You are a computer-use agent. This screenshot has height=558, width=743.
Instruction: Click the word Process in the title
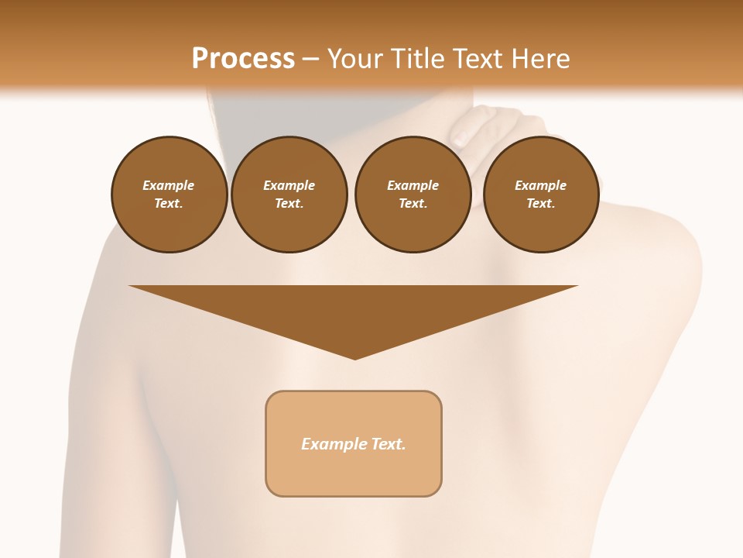click(243, 59)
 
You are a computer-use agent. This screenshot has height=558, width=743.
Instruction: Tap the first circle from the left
click(169, 195)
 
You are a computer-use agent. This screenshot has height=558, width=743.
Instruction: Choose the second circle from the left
click(289, 195)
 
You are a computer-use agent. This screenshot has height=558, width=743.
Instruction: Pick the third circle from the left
click(413, 195)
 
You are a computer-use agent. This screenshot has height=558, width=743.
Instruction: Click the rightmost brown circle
click(540, 195)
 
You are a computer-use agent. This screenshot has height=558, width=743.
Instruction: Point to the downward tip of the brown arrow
click(354, 357)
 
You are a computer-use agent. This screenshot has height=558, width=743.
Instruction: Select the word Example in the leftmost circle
click(169, 185)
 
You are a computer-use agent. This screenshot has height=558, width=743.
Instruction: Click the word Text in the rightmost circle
click(540, 204)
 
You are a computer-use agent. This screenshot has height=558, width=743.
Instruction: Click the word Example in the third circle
click(413, 185)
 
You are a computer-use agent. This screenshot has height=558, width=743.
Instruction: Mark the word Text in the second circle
click(289, 204)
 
